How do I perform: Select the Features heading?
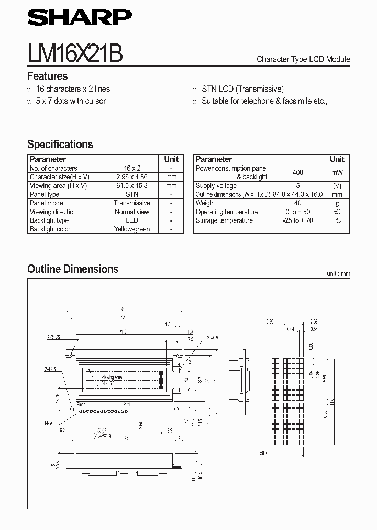click(47, 76)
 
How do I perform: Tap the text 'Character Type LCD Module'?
click(303, 59)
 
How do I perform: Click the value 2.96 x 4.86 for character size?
click(132, 177)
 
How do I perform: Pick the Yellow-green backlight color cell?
click(132, 229)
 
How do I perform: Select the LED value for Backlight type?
click(132, 220)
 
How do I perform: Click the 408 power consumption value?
click(297, 172)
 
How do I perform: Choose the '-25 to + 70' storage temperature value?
click(297, 220)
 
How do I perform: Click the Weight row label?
click(205, 203)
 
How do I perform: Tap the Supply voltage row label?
click(216, 185)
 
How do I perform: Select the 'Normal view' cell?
click(132, 212)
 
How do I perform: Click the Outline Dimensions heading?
click(73, 269)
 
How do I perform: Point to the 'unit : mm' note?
click(338, 273)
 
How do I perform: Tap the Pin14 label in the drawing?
click(81, 405)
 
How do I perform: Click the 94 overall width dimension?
click(122, 309)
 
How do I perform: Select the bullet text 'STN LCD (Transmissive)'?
click(242, 89)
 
